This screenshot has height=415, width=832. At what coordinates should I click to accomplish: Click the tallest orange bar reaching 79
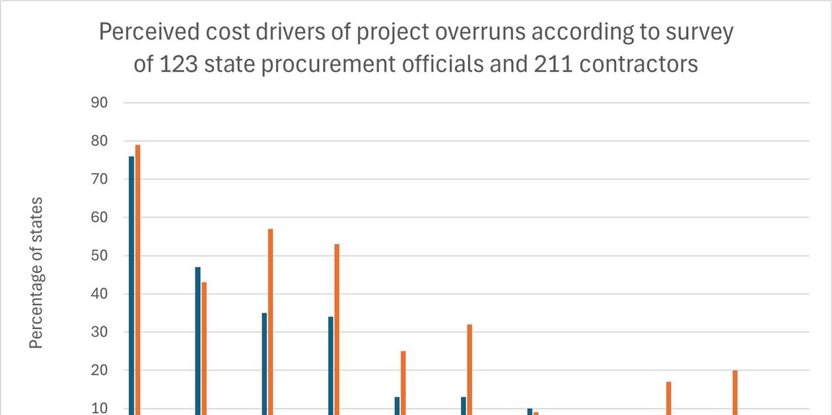pos(137,278)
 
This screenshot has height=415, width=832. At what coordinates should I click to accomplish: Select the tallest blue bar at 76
pos(131,284)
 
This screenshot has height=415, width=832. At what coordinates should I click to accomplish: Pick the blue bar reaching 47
pos(198,340)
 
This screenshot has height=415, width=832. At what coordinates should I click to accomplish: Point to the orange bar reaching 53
pos(337,329)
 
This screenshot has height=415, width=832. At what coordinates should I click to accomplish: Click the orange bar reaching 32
pos(469,369)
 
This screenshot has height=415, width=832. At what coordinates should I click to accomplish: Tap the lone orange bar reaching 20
pos(735,393)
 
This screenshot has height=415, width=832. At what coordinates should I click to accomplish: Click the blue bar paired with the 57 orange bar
pos(264,363)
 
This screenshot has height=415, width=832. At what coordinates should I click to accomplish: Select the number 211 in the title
pos(551,64)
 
